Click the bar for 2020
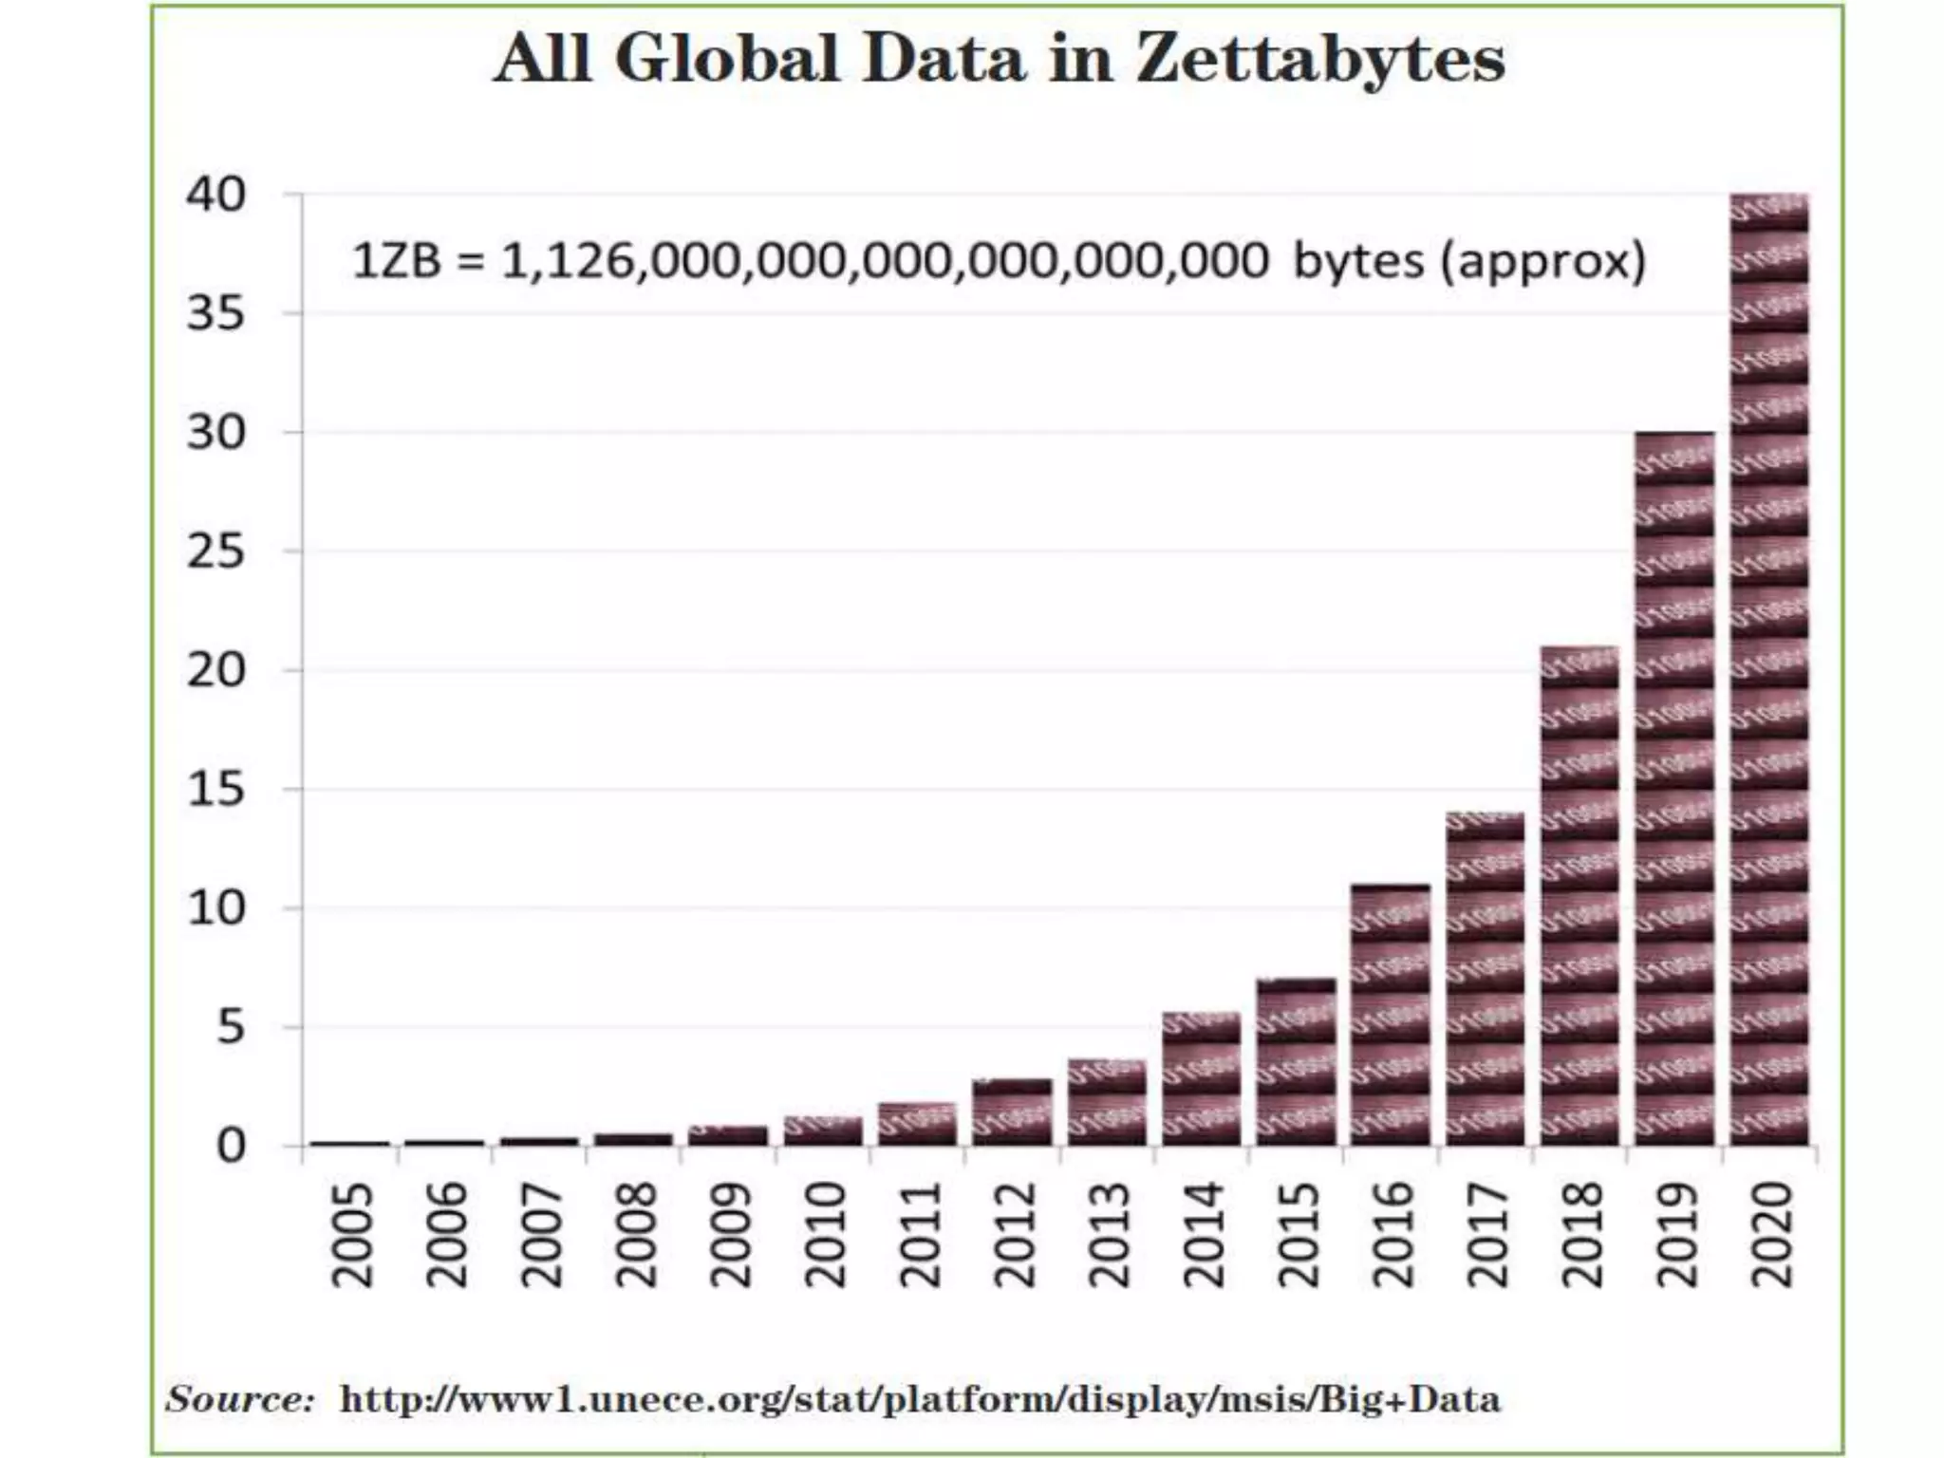click(x=1769, y=669)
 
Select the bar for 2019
click(x=1674, y=788)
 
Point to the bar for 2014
click(x=1202, y=1078)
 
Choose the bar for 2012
click(x=1013, y=1112)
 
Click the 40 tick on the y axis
click(x=216, y=195)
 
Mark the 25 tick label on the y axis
click(x=216, y=551)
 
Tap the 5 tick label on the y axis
click(x=231, y=1027)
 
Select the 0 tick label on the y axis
click(x=231, y=1147)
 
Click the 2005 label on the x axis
click(x=352, y=1234)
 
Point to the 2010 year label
click(x=825, y=1234)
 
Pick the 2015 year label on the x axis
click(x=1298, y=1234)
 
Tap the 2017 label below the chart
click(x=1487, y=1234)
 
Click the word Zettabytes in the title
click(x=1319, y=59)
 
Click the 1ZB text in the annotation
click(x=396, y=261)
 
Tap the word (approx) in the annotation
click(x=1542, y=261)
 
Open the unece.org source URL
click(x=919, y=1399)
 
